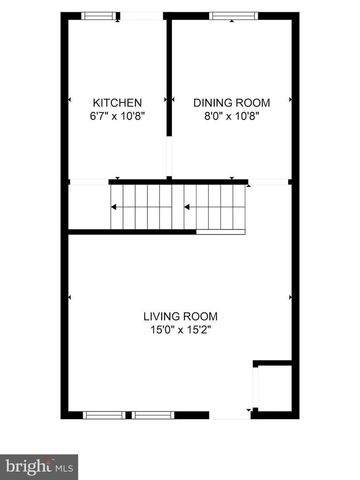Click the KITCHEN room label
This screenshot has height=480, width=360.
tap(117, 102)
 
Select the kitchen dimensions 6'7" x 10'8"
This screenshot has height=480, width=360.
tap(117, 114)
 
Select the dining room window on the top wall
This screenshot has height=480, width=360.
tap(232, 15)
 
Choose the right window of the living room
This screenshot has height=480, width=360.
tap(152, 414)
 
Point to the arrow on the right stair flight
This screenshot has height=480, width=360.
tap(186, 207)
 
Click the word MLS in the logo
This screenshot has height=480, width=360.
tap(65, 466)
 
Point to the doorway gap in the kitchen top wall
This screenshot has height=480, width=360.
tap(139, 15)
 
